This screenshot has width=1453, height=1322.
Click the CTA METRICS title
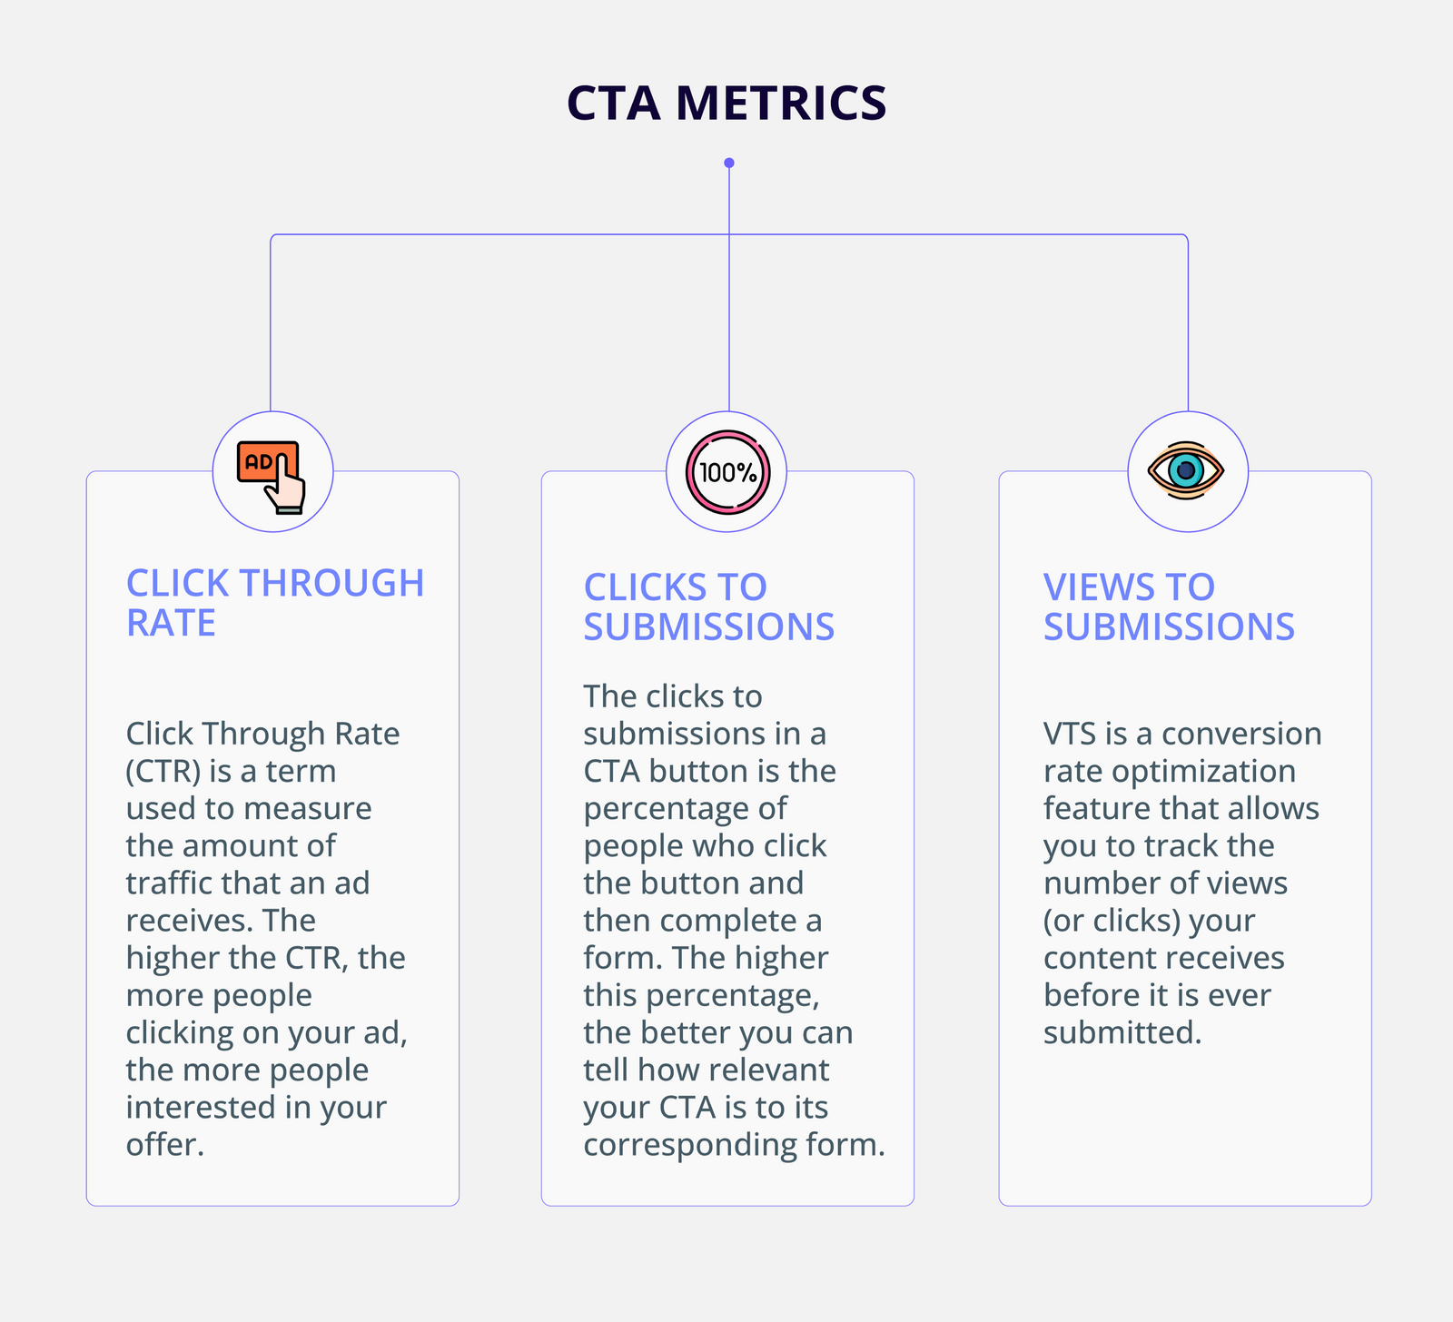(x=726, y=103)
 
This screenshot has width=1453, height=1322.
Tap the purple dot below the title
(x=729, y=163)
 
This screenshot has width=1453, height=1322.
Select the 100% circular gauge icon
(x=727, y=472)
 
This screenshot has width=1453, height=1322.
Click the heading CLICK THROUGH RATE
(x=274, y=603)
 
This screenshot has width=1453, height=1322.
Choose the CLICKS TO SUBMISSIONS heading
(x=708, y=607)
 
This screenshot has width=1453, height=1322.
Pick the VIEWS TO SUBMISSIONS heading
(x=1169, y=607)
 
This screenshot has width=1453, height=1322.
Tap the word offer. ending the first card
(x=164, y=1144)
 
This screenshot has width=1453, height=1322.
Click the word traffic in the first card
(x=169, y=883)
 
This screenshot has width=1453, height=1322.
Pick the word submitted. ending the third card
(x=1122, y=1032)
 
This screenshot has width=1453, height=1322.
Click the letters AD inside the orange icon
(x=259, y=461)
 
